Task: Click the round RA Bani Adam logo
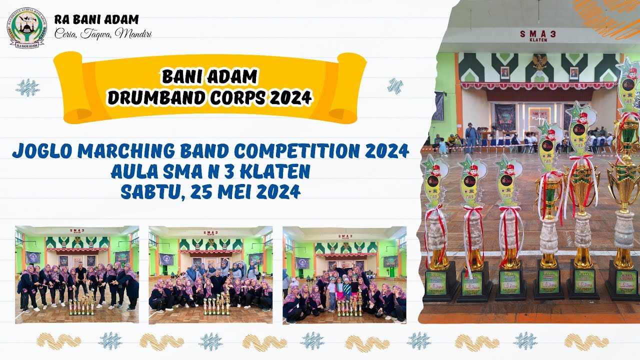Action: pyautogui.click(x=26, y=28)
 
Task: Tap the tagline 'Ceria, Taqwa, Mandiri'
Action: pyautogui.click(x=103, y=34)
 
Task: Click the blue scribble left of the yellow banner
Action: pyautogui.click(x=27, y=87)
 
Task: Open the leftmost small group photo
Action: pyautogui.click(x=77, y=274)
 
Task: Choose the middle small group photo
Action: pyautogui.click(x=210, y=274)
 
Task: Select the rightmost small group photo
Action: pyautogui.click(x=344, y=274)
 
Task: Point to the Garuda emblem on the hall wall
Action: pyautogui.click(x=539, y=61)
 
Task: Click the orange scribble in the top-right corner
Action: pyautogui.click(x=607, y=17)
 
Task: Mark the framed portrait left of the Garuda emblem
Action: pyautogui.click(x=505, y=73)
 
